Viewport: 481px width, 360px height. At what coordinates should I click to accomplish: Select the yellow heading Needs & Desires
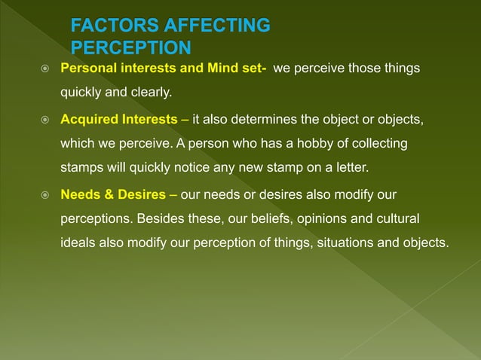coord(113,194)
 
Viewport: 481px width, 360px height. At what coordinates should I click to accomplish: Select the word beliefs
coord(276,218)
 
